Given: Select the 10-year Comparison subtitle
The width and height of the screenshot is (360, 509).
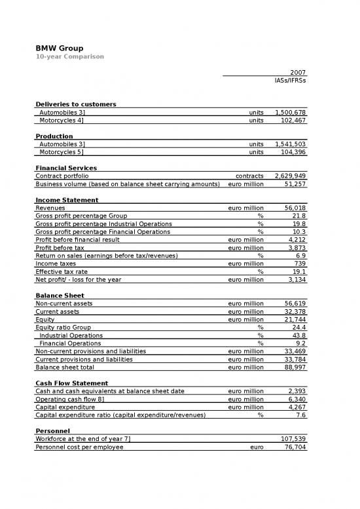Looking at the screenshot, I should (69, 57).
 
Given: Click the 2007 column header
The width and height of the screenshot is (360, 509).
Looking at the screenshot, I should (298, 72).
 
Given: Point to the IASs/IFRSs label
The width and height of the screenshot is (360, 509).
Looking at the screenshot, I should (290, 81).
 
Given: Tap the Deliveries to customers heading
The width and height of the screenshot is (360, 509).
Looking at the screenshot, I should (76, 104).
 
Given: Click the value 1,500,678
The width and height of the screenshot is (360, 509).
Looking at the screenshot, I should (291, 113).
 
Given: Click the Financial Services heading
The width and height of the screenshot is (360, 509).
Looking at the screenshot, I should (67, 168).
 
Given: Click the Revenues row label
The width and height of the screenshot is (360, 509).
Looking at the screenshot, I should (50, 208).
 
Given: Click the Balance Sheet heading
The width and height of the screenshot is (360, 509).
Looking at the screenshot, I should (60, 295).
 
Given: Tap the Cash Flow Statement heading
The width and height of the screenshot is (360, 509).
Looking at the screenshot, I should (72, 383).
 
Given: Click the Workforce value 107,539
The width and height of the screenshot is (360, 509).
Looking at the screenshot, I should (292, 439).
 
